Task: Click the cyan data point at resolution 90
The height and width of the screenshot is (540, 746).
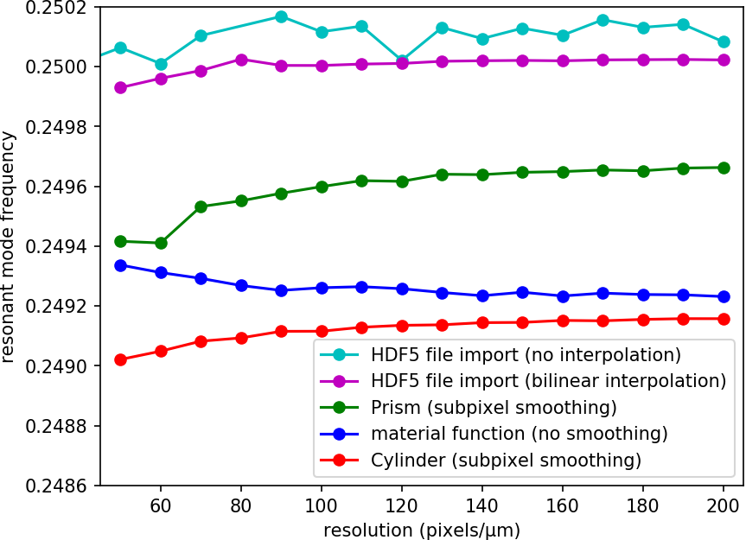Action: click(281, 16)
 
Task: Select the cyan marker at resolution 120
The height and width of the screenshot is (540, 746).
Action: click(402, 60)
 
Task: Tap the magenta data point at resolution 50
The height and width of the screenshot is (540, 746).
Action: click(121, 87)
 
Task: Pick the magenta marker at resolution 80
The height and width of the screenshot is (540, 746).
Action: click(241, 60)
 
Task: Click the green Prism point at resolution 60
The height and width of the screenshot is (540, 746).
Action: click(161, 243)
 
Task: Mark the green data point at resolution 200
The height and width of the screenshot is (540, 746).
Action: click(724, 168)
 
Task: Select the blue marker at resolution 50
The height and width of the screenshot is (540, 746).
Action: click(121, 265)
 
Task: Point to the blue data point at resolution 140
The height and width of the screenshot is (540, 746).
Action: click(482, 295)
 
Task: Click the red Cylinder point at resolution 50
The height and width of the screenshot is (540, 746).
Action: click(121, 359)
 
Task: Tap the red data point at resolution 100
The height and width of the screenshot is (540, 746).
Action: click(322, 331)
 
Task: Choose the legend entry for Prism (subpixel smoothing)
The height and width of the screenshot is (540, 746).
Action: click(494, 407)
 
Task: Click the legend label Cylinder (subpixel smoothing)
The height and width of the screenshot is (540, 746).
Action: click(506, 461)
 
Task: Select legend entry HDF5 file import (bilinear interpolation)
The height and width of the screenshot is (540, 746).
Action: click(548, 381)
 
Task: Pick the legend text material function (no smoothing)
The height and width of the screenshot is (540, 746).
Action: click(520, 434)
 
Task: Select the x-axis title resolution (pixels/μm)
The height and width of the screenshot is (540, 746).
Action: click(422, 529)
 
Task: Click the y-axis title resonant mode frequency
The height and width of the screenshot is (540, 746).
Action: click(10, 246)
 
